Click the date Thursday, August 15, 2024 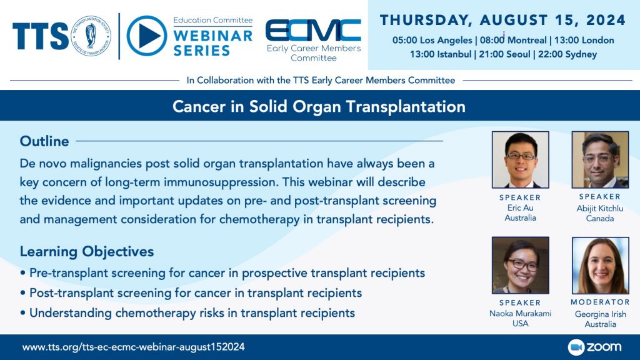click(503, 21)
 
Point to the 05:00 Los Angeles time click(432, 40)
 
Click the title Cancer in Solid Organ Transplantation click(319, 106)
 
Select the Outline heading click(44, 141)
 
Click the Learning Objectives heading click(87, 252)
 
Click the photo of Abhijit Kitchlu click(599, 160)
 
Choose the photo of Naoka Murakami click(520, 266)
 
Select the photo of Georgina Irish click(599, 266)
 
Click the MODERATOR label click(599, 302)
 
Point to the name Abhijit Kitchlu click(599, 209)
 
